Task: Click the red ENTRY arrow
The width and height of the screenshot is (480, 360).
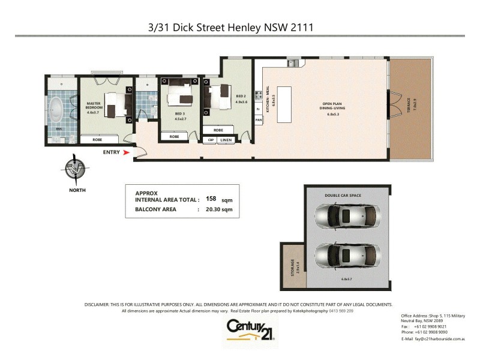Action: point(126,153)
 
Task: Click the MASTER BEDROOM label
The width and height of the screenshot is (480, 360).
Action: point(94,107)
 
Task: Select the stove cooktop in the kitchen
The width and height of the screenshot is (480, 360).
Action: point(258,94)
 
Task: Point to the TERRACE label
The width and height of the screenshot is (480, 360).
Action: point(413,107)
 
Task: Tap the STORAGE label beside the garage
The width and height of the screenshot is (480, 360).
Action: point(293,267)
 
